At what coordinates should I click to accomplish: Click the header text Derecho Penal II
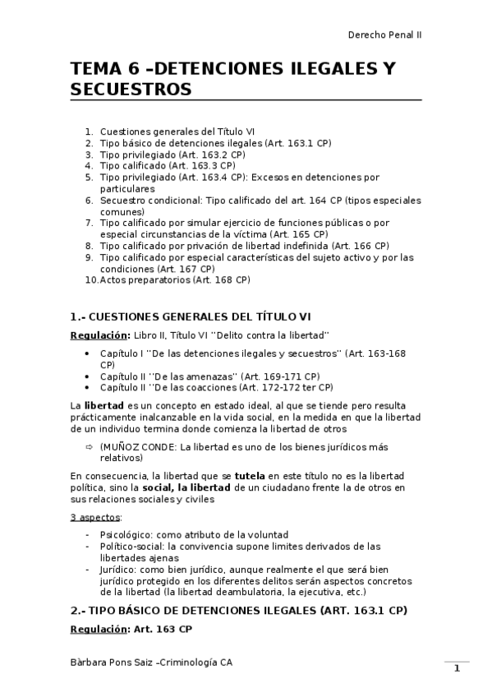tap(384, 35)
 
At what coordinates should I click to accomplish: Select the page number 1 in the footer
tap(457, 668)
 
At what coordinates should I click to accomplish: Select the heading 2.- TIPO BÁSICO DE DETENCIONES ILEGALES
tap(238, 611)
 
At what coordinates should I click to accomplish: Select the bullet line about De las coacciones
tap(216, 387)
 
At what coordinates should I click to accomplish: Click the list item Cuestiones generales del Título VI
tap(177, 131)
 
